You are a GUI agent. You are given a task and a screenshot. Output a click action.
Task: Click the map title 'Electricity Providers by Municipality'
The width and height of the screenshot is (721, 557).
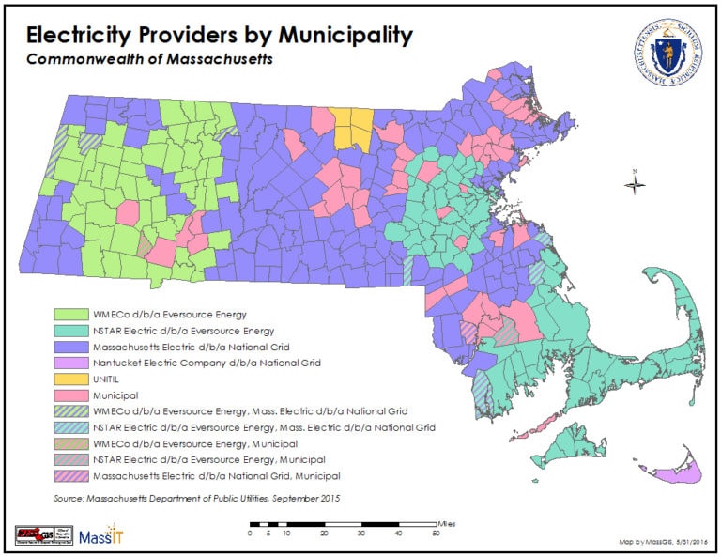[219, 36]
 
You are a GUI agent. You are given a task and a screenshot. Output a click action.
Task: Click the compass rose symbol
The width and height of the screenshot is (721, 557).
[635, 183]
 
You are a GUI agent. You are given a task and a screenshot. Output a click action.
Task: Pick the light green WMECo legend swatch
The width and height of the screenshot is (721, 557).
[69, 314]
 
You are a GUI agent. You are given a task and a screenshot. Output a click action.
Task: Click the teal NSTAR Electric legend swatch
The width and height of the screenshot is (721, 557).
[69, 331]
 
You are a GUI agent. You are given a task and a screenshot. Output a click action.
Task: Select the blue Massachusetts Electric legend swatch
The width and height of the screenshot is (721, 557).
[69, 347]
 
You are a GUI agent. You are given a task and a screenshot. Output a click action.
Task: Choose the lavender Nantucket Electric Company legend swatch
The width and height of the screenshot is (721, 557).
[69, 363]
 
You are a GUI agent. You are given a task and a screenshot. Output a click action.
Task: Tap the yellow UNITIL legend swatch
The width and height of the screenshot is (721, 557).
[69, 379]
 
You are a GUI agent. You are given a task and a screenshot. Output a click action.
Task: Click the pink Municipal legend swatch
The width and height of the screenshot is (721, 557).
[69, 395]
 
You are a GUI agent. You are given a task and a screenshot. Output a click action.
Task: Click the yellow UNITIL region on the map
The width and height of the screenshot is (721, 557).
[352, 128]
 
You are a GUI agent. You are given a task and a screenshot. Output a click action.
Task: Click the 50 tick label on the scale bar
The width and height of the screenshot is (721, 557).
[436, 534]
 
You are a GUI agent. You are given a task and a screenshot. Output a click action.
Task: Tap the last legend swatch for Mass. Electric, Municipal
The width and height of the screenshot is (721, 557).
[69, 475]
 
